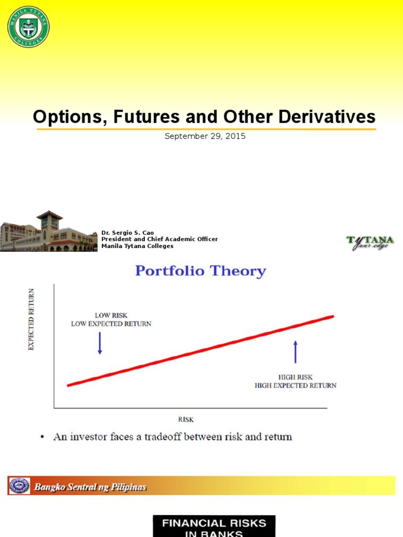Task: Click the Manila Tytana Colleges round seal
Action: click(x=28, y=26)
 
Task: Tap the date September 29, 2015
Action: click(x=205, y=136)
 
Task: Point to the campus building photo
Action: click(x=48, y=232)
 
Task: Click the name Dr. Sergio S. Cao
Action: click(x=128, y=233)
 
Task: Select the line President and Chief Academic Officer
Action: click(x=159, y=239)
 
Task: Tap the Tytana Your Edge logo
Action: click(x=370, y=243)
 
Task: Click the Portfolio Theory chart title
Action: click(x=200, y=271)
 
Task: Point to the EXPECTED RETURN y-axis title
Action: click(x=31, y=319)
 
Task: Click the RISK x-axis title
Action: click(x=186, y=419)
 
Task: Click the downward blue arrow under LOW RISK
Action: click(x=100, y=344)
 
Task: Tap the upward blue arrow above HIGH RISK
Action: click(x=295, y=352)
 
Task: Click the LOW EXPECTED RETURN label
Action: click(x=111, y=324)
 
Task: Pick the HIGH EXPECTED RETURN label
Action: click(x=295, y=385)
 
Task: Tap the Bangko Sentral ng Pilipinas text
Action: click(x=90, y=487)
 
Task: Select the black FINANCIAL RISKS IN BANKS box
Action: click(x=214, y=527)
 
